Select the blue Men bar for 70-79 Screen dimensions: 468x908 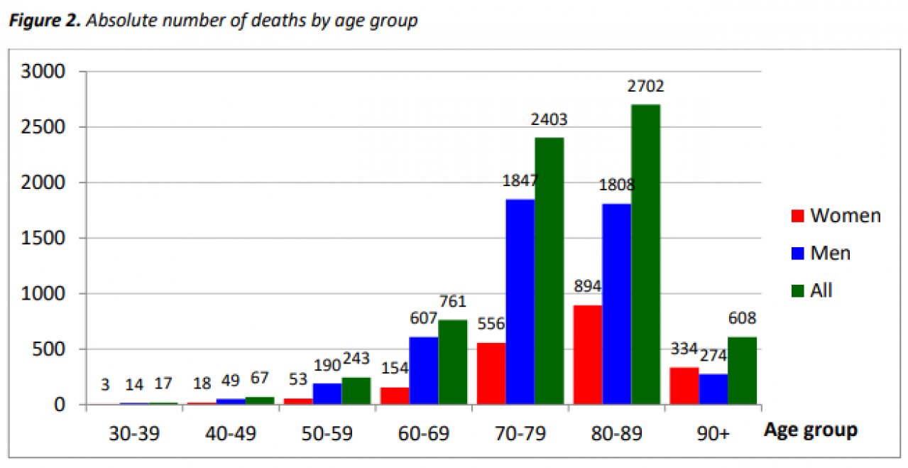(520, 302)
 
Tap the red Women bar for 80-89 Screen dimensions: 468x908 (587, 354)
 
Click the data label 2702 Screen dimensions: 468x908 (645, 87)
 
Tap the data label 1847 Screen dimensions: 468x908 (520, 181)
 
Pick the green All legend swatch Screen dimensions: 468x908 (797, 290)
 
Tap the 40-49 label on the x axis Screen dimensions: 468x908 (230, 433)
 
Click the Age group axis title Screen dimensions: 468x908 (810, 430)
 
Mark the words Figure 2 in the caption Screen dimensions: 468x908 (41, 21)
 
